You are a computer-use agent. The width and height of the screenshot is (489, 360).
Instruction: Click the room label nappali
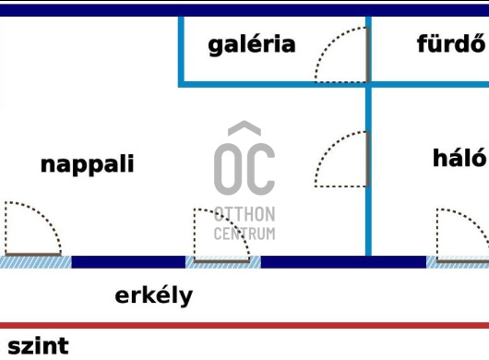(88, 164)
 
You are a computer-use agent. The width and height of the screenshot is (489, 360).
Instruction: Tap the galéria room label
(252, 43)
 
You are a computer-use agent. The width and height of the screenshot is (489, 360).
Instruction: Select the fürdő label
(450, 43)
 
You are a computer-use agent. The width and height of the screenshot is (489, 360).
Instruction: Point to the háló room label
(459, 157)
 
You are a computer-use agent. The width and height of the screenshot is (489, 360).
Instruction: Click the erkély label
(154, 295)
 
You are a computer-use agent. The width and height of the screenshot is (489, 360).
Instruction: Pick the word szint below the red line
(38, 346)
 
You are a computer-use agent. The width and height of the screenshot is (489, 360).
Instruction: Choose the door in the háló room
(461, 235)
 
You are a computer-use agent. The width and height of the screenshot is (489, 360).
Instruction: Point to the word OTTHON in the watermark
(244, 213)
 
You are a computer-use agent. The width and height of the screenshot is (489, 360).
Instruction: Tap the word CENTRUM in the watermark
(244, 233)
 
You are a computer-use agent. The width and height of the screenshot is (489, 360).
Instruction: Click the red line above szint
(244, 326)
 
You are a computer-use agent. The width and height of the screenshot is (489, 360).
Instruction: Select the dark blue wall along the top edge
(244, 9)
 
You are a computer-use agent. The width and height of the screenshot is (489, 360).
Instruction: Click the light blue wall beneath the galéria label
(272, 84)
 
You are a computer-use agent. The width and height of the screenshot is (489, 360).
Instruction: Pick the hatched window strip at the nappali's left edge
(35, 262)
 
